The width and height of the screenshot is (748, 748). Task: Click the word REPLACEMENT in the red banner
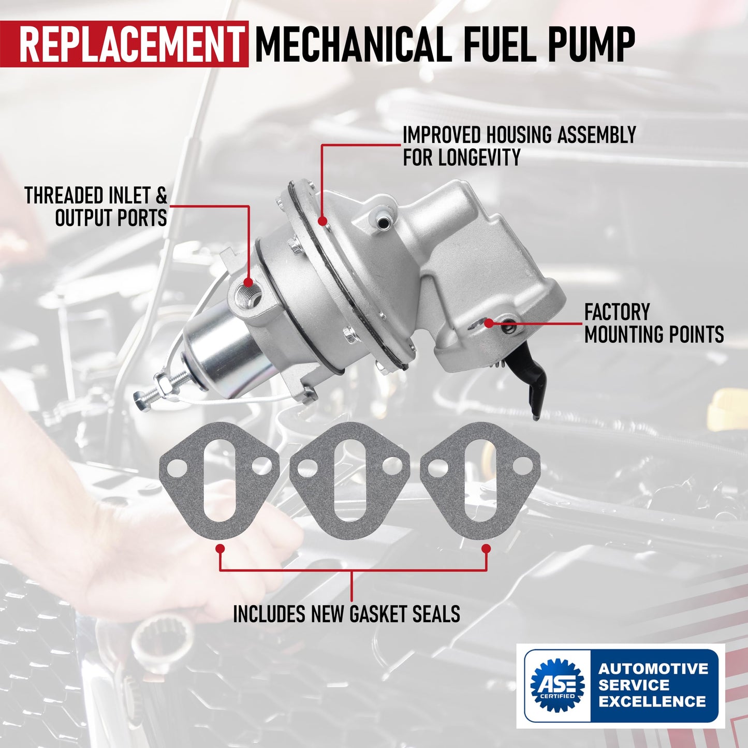tap(131, 45)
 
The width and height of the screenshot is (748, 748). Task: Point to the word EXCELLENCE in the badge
tap(652, 702)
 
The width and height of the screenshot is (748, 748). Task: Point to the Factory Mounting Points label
tap(653, 324)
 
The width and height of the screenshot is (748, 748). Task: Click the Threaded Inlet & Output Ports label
tap(96, 207)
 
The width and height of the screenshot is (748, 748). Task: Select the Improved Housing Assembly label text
tap(519, 146)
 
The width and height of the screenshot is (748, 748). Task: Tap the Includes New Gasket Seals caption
tap(346, 614)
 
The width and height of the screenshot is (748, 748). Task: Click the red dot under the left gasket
tap(220, 548)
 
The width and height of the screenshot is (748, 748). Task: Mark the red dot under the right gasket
tap(486, 548)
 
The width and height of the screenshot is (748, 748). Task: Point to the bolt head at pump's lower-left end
tap(141, 399)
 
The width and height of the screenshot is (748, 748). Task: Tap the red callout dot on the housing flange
tap(322, 222)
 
